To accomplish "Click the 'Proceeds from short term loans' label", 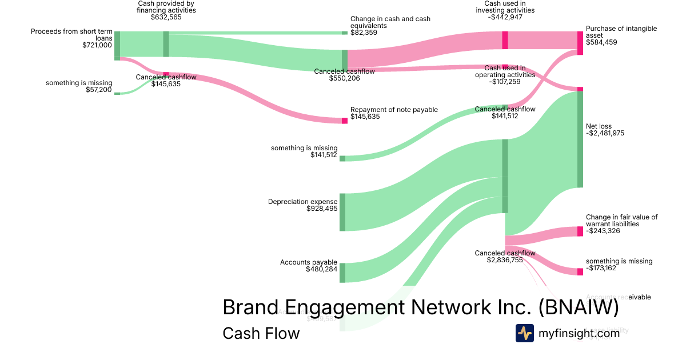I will pyautogui.click(x=71, y=35).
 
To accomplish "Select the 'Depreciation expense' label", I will pyautogui.click(x=303, y=202).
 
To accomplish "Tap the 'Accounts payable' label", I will pyautogui.click(x=309, y=263).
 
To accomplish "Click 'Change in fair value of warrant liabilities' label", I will pyautogui.click(x=621, y=221).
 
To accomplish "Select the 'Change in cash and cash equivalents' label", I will pyautogui.click(x=390, y=22).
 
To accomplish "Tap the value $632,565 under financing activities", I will pyautogui.click(x=166, y=17).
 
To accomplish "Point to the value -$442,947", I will pyautogui.click(x=505, y=17).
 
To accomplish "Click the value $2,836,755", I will pyautogui.click(x=505, y=260).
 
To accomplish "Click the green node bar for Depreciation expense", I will pyautogui.click(x=342, y=212).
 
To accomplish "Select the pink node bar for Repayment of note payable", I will pyautogui.click(x=345, y=121).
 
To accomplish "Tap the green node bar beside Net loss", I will pyautogui.click(x=580, y=139).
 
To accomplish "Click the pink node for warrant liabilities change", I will pyautogui.click(x=580, y=231).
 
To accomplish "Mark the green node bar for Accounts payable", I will pyautogui.click(x=342, y=273).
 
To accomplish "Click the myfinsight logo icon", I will pyautogui.click(x=525, y=333).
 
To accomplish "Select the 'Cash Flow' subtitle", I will pyautogui.click(x=261, y=333).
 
